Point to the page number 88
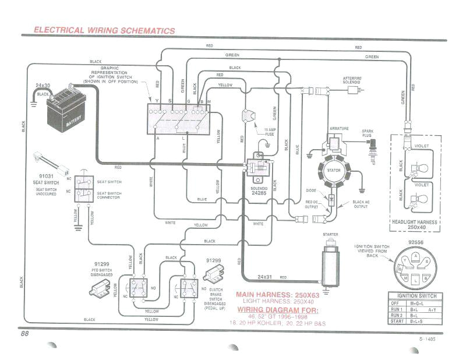[24, 334]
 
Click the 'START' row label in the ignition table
[398, 320]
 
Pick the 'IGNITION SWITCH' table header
[416, 296]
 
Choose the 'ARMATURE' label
[339, 126]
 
